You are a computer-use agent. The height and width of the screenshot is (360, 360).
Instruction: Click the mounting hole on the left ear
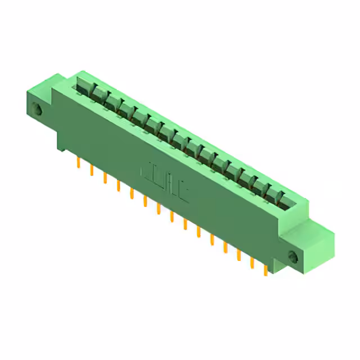point(38,109)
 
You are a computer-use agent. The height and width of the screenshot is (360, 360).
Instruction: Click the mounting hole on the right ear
point(292,257)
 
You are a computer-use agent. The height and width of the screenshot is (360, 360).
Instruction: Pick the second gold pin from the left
point(91,170)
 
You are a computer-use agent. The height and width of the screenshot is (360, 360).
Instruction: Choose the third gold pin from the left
point(105,178)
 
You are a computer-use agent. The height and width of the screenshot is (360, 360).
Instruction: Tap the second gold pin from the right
point(252,263)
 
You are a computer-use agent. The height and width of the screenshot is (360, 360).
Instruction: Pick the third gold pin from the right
point(238,255)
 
